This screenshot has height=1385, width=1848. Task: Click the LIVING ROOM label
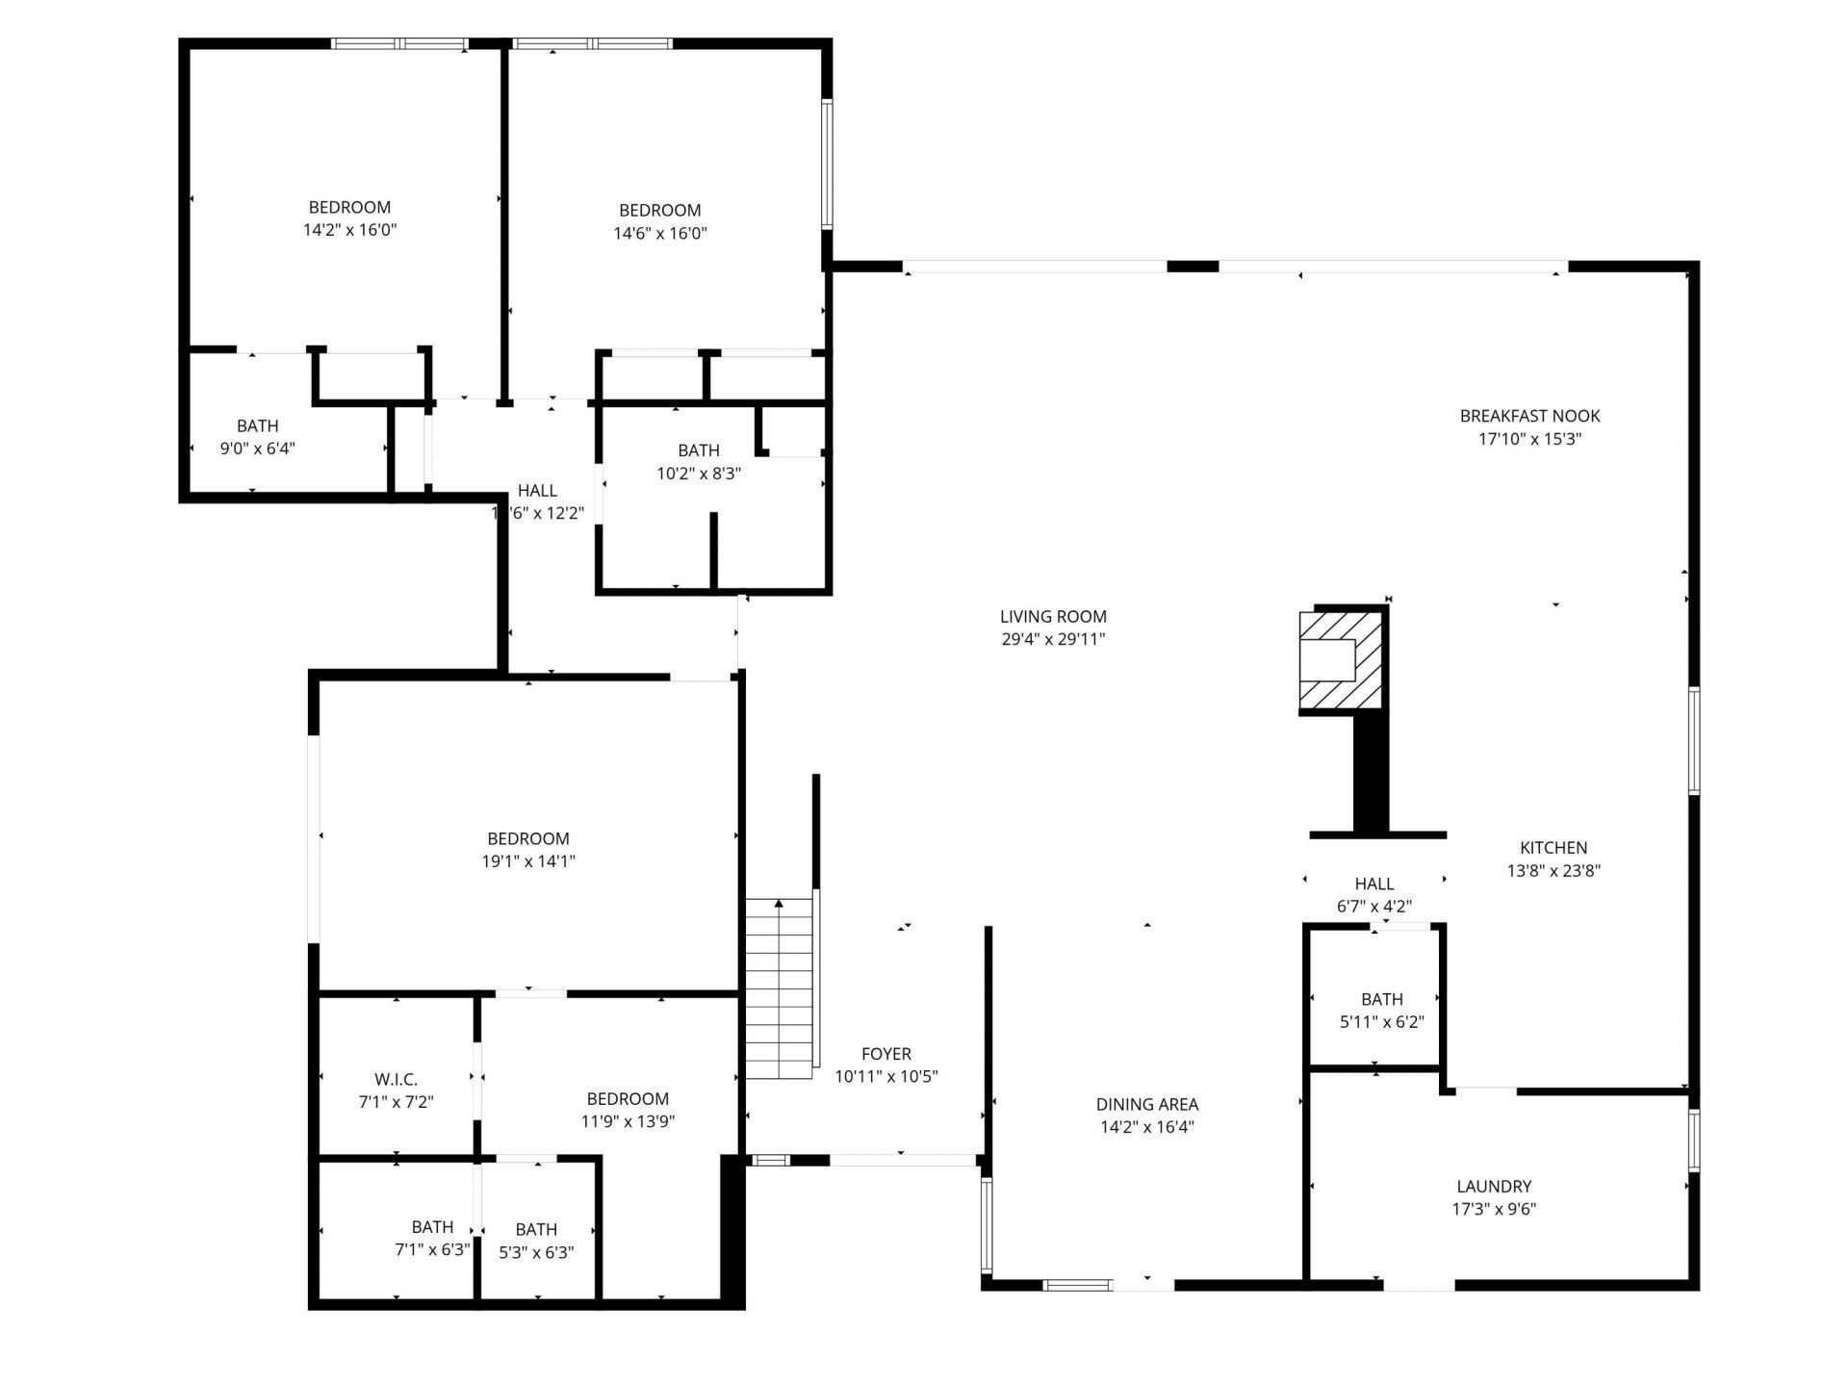(1053, 616)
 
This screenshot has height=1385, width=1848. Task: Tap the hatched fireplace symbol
(1342, 660)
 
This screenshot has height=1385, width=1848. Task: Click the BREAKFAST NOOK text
(1529, 416)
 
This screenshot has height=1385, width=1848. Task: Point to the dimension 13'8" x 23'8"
(1553, 871)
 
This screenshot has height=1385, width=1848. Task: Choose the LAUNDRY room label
(1494, 1187)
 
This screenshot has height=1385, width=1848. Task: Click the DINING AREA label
(1146, 1104)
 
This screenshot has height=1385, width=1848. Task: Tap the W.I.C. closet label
(396, 1080)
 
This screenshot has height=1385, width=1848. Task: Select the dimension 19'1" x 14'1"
(528, 861)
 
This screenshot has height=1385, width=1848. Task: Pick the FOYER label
(885, 1054)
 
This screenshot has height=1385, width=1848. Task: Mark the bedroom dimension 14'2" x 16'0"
(349, 230)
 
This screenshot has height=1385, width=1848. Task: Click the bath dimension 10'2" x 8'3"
(698, 474)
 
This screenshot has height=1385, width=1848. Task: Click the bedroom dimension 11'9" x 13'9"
(628, 1121)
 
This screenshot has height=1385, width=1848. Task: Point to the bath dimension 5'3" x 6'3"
(536, 1252)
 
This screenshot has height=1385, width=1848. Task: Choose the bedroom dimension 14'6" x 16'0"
(660, 233)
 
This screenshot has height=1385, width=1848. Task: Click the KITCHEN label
(1553, 848)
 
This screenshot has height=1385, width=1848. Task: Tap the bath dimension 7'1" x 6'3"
(432, 1250)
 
